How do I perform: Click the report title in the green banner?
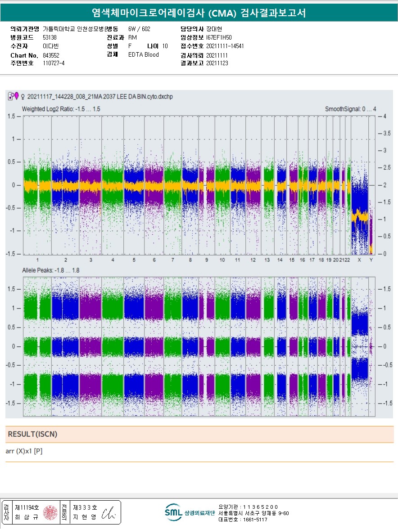(x=199, y=13)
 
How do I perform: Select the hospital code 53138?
(x=50, y=37)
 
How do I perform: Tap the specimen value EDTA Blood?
(x=144, y=54)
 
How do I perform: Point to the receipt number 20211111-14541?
(x=225, y=46)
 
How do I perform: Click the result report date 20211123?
(x=217, y=63)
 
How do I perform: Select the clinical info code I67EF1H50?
(x=219, y=37)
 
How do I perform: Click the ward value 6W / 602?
(x=139, y=29)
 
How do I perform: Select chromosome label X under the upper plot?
(x=359, y=260)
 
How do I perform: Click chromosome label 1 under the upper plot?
(x=38, y=260)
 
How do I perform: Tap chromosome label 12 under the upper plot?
(x=253, y=260)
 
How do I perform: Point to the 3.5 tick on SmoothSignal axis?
(x=383, y=134)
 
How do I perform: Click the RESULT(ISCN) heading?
(x=32, y=434)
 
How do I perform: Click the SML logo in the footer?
(x=173, y=512)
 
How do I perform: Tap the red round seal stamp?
(x=50, y=512)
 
